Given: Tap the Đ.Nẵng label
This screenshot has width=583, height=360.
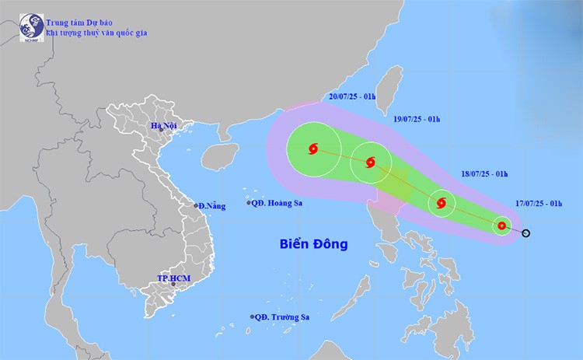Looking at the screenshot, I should [211, 206].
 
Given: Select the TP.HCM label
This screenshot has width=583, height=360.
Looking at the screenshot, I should [174, 278].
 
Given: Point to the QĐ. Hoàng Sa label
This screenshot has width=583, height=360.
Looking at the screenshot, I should [278, 203].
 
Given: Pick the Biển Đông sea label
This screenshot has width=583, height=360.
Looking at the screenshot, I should [313, 244].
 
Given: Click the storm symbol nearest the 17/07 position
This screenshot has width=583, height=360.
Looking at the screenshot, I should [501, 226].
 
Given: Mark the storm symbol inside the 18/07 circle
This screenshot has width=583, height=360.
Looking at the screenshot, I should [442, 204].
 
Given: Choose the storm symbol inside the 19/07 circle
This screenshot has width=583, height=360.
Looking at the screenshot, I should [369, 163].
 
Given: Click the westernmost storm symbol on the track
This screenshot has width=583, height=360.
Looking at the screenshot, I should [313, 148].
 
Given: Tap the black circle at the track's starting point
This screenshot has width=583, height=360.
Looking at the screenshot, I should [526, 232].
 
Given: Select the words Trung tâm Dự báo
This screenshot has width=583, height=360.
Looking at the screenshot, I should [82, 22].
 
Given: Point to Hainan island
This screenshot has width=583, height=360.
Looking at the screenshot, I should [220, 156].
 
